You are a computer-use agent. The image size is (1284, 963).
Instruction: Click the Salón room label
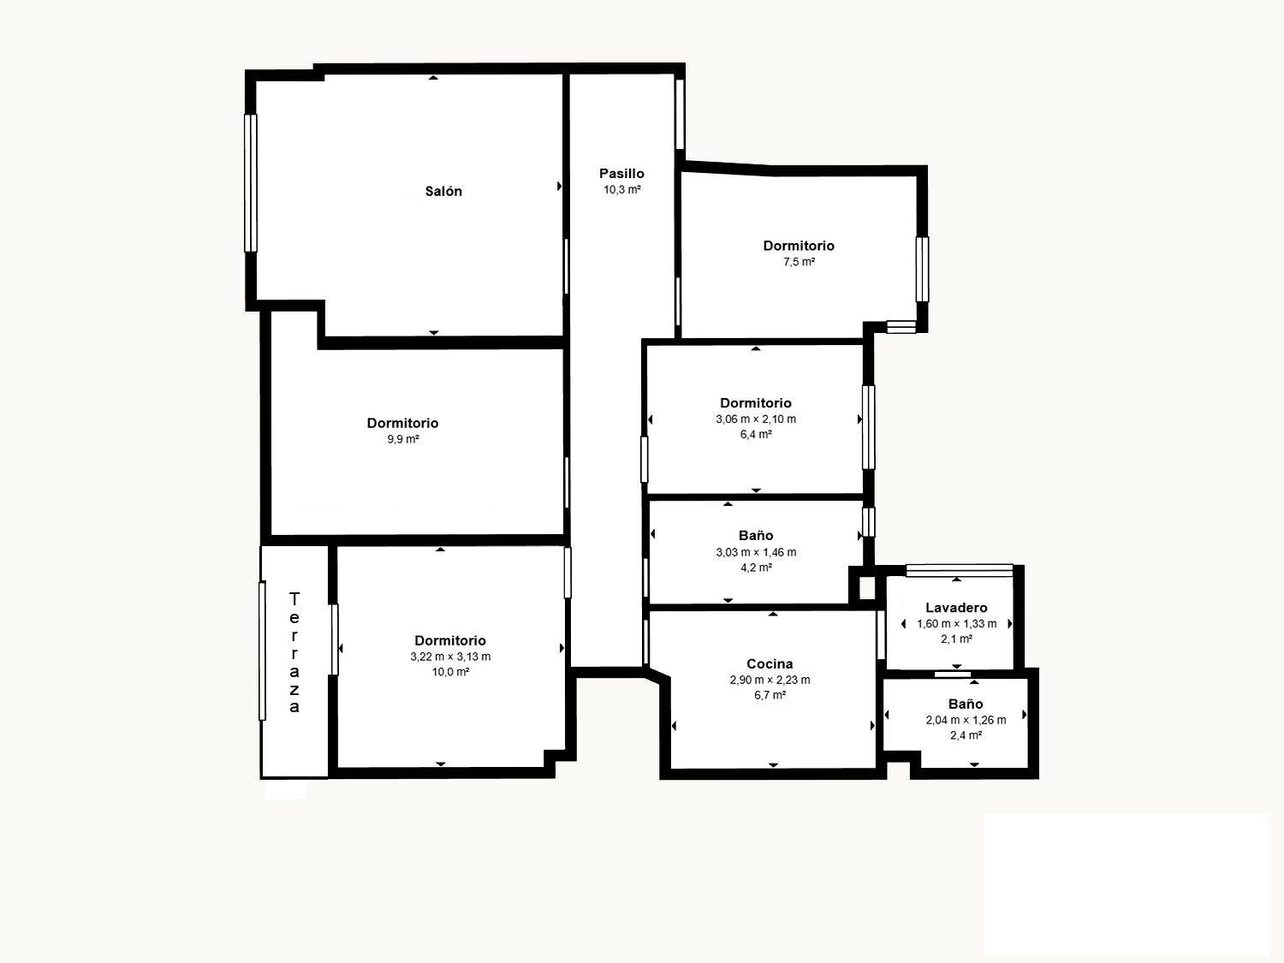[443, 192]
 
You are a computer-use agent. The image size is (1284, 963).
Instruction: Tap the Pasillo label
[621, 174]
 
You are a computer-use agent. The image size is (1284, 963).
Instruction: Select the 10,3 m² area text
[622, 190]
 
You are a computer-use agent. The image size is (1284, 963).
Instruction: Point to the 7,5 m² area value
[799, 262]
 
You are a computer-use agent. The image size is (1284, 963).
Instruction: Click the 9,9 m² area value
[403, 439]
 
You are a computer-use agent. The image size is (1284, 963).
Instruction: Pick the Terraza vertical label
[294, 652]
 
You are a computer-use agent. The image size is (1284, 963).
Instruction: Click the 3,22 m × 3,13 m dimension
[450, 657]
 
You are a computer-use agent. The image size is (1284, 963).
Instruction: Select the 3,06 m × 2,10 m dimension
[756, 419]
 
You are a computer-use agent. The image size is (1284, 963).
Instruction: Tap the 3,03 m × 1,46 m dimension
[756, 552]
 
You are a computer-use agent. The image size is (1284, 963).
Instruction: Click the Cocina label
[770, 664]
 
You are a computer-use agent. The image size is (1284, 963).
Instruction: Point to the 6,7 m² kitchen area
[770, 695]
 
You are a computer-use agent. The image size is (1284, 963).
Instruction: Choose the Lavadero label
[956, 608]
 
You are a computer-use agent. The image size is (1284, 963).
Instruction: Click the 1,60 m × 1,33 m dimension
[956, 624]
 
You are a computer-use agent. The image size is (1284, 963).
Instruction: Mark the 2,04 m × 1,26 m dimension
[966, 720]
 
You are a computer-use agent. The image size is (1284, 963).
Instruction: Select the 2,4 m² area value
[966, 735]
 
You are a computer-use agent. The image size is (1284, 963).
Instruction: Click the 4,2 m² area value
[756, 568]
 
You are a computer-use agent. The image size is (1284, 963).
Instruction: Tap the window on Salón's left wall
[251, 183]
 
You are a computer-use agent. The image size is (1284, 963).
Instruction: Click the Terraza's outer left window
[263, 651]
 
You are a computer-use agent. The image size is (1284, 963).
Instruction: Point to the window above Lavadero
[959, 569]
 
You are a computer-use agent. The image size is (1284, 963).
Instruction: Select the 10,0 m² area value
[450, 672]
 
